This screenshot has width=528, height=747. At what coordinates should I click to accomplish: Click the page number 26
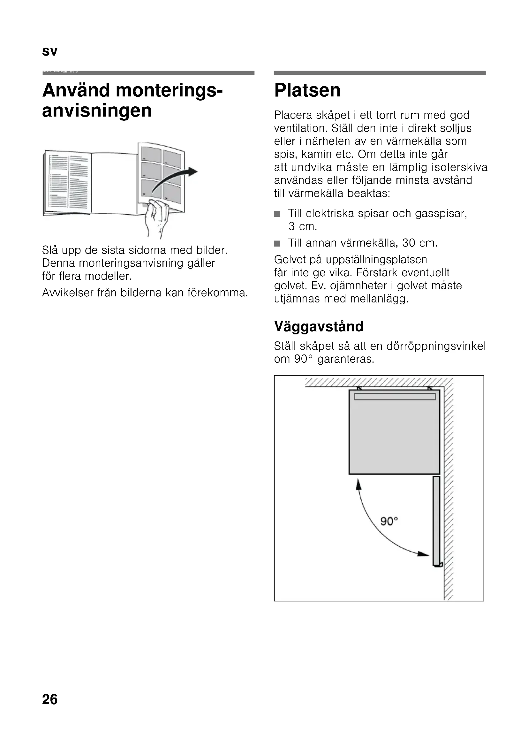point(50,699)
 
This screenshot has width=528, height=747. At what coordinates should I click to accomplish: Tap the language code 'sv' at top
point(49,52)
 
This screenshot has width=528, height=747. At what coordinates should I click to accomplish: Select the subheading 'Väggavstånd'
point(319,326)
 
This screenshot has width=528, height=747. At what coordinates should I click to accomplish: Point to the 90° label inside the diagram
point(389,522)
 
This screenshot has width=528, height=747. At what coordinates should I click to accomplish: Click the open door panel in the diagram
point(436,521)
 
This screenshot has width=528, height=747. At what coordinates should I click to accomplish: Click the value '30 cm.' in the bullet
point(420,243)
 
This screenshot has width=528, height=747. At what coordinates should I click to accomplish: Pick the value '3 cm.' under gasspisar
point(302,226)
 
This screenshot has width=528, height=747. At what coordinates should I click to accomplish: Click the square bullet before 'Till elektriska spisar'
point(277,214)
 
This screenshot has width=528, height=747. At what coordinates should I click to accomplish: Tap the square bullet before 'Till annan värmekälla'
point(277,243)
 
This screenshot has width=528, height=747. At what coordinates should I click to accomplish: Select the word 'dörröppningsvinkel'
point(436,346)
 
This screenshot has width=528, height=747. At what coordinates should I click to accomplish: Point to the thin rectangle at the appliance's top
point(395,396)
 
